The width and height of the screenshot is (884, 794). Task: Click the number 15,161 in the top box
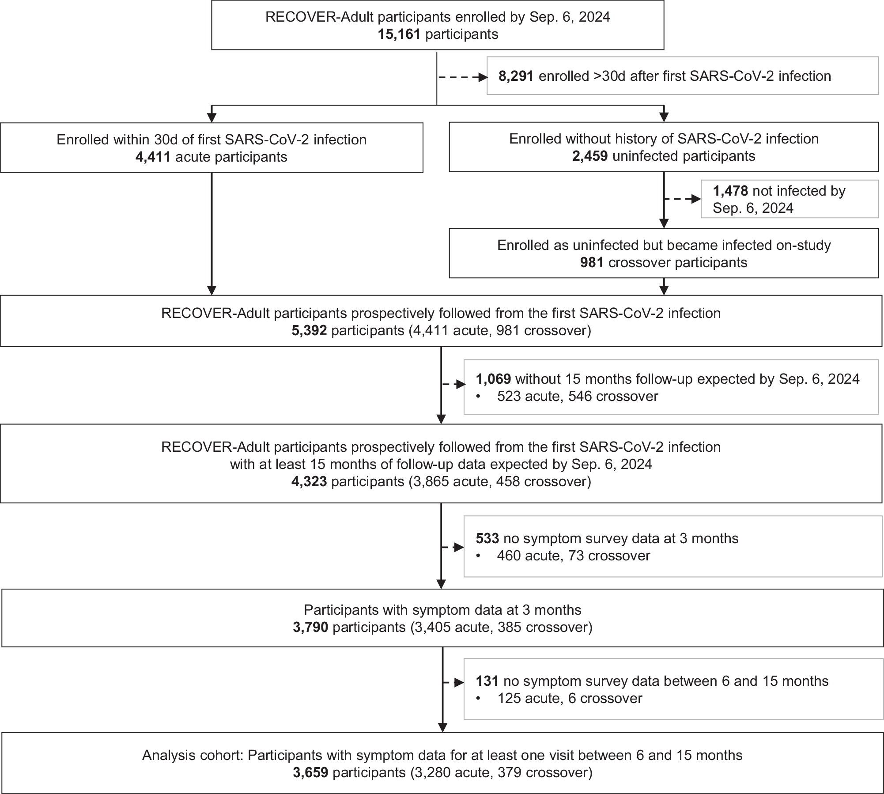pos(399,34)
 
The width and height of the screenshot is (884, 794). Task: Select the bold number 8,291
pos(516,76)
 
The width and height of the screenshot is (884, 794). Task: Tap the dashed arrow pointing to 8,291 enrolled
pos(462,78)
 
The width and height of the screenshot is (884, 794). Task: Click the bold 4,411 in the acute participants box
pos(153,157)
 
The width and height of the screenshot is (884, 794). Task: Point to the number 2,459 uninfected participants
pos(589,156)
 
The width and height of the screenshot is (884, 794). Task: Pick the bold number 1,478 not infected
pos(730,191)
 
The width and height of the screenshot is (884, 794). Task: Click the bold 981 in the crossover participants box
pos(592,262)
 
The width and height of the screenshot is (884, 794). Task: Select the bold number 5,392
pos(309,331)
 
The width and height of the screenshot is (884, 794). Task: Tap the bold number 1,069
pos(493,379)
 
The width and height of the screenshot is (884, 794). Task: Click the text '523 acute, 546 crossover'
pos(577,396)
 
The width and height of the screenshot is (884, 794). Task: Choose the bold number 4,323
pos(309,481)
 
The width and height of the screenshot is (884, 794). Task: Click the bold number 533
pos(487,538)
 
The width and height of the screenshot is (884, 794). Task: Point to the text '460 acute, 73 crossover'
pos(573,556)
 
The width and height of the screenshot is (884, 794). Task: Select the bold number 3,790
pos(310,627)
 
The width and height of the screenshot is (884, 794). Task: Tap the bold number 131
pos(487,681)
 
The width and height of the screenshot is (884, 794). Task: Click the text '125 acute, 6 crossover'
pos(569,698)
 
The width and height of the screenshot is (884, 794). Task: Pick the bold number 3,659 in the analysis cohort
pos(310,772)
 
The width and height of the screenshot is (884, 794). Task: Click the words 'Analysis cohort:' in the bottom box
pos(193,755)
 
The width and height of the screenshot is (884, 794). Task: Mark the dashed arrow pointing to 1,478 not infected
pos(682,199)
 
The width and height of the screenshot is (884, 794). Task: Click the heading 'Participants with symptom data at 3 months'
pos(442,610)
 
